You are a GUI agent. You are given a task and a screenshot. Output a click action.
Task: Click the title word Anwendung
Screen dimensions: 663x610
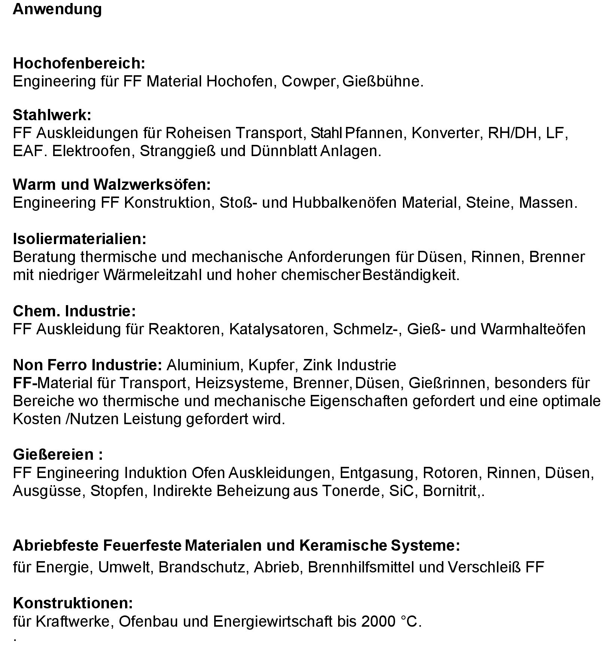point(57,9)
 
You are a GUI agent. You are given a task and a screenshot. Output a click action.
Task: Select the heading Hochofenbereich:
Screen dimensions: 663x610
point(79,63)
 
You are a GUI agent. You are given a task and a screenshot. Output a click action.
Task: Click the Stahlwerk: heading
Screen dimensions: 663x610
point(52,115)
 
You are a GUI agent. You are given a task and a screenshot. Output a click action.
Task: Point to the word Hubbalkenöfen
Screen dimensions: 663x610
point(344,203)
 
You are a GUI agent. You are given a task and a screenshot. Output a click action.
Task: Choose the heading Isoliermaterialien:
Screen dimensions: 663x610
point(79,239)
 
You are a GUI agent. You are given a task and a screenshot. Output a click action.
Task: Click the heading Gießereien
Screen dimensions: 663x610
point(58,454)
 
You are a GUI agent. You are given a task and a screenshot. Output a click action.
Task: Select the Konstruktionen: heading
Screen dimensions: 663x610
point(73,603)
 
